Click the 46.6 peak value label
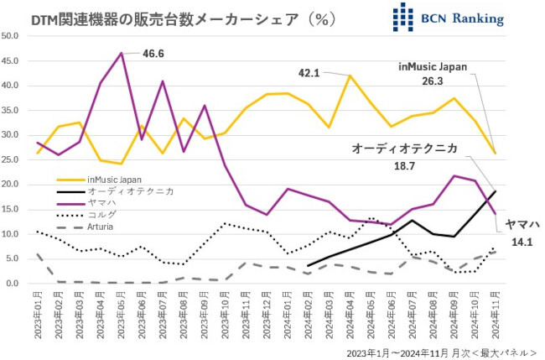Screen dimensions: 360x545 point(153,53)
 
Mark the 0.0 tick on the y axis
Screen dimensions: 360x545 point(13,284)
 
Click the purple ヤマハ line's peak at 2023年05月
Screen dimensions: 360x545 point(122,53)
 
